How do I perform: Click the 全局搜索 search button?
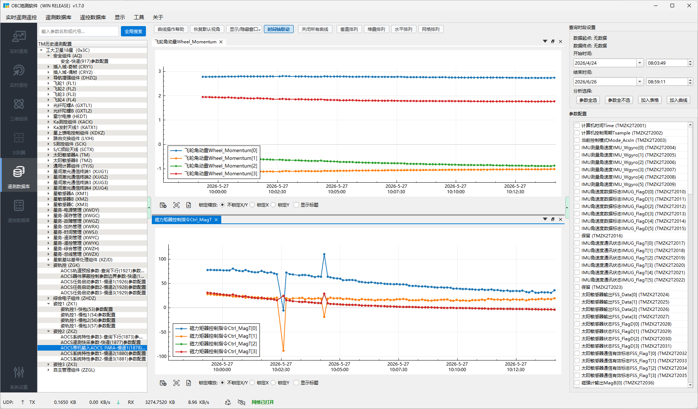point(133,31)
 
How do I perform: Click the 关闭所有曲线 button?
point(315,29)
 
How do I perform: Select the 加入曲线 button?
point(678,100)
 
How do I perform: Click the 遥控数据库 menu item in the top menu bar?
point(93,17)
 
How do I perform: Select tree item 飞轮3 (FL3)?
point(65,94)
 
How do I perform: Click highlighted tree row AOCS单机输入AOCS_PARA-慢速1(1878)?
point(103,348)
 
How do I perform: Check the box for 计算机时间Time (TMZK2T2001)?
point(577,126)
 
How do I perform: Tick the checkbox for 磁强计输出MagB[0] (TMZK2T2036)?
point(577,383)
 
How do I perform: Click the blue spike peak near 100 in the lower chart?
point(324,254)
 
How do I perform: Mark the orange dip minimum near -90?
point(283,351)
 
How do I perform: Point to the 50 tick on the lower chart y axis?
point(162,283)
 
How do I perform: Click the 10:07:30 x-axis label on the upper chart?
point(396,189)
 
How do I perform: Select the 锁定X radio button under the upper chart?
point(252,205)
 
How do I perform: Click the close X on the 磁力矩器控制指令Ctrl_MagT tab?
point(216,220)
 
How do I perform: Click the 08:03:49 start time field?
point(666,63)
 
